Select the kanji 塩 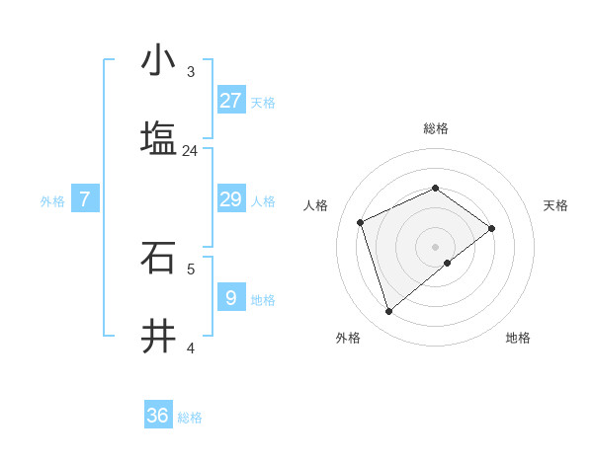pyautogui.click(x=158, y=137)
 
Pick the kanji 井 pyautogui.click(x=158, y=336)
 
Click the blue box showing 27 pyautogui.click(x=230, y=100)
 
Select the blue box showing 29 pyautogui.click(x=230, y=199)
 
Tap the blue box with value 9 pyautogui.click(x=230, y=298)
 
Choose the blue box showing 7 pyautogui.click(x=85, y=199)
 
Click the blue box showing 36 pyautogui.click(x=158, y=416)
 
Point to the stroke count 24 pyautogui.click(x=190, y=151)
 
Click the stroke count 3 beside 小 pyautogui.click(x=190, y=72)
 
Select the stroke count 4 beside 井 pyautogui.click(x=191, y=348)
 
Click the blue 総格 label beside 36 pyautogui.click(x=190, y=418)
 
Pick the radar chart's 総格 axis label pyautogui.click(x=435, y=128)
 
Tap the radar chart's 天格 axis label pyautogui.click(x=555, y=205)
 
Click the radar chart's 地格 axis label pyautogui.click(x=518, y=338)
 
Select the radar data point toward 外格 pyautogui.click(x=388, y=312)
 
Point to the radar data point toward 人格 pyautogui.click(x=361, y=222)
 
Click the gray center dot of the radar pyautogui.click(x=435, y=246)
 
